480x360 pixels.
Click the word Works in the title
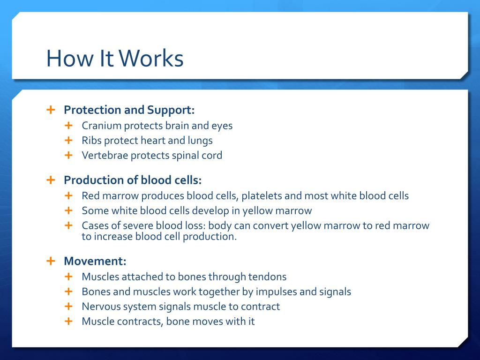coord(151,58)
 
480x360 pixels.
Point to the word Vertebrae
coord(105,155)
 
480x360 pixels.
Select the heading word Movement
coord(95,261)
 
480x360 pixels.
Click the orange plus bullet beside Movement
coord(51,261)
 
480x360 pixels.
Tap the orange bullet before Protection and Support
coord(51,110)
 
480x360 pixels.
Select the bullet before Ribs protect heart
coord(68,140)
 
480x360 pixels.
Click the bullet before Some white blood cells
coord(68,210)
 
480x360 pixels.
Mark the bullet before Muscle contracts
coord(68,321)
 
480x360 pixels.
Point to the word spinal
coord(185,156)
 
